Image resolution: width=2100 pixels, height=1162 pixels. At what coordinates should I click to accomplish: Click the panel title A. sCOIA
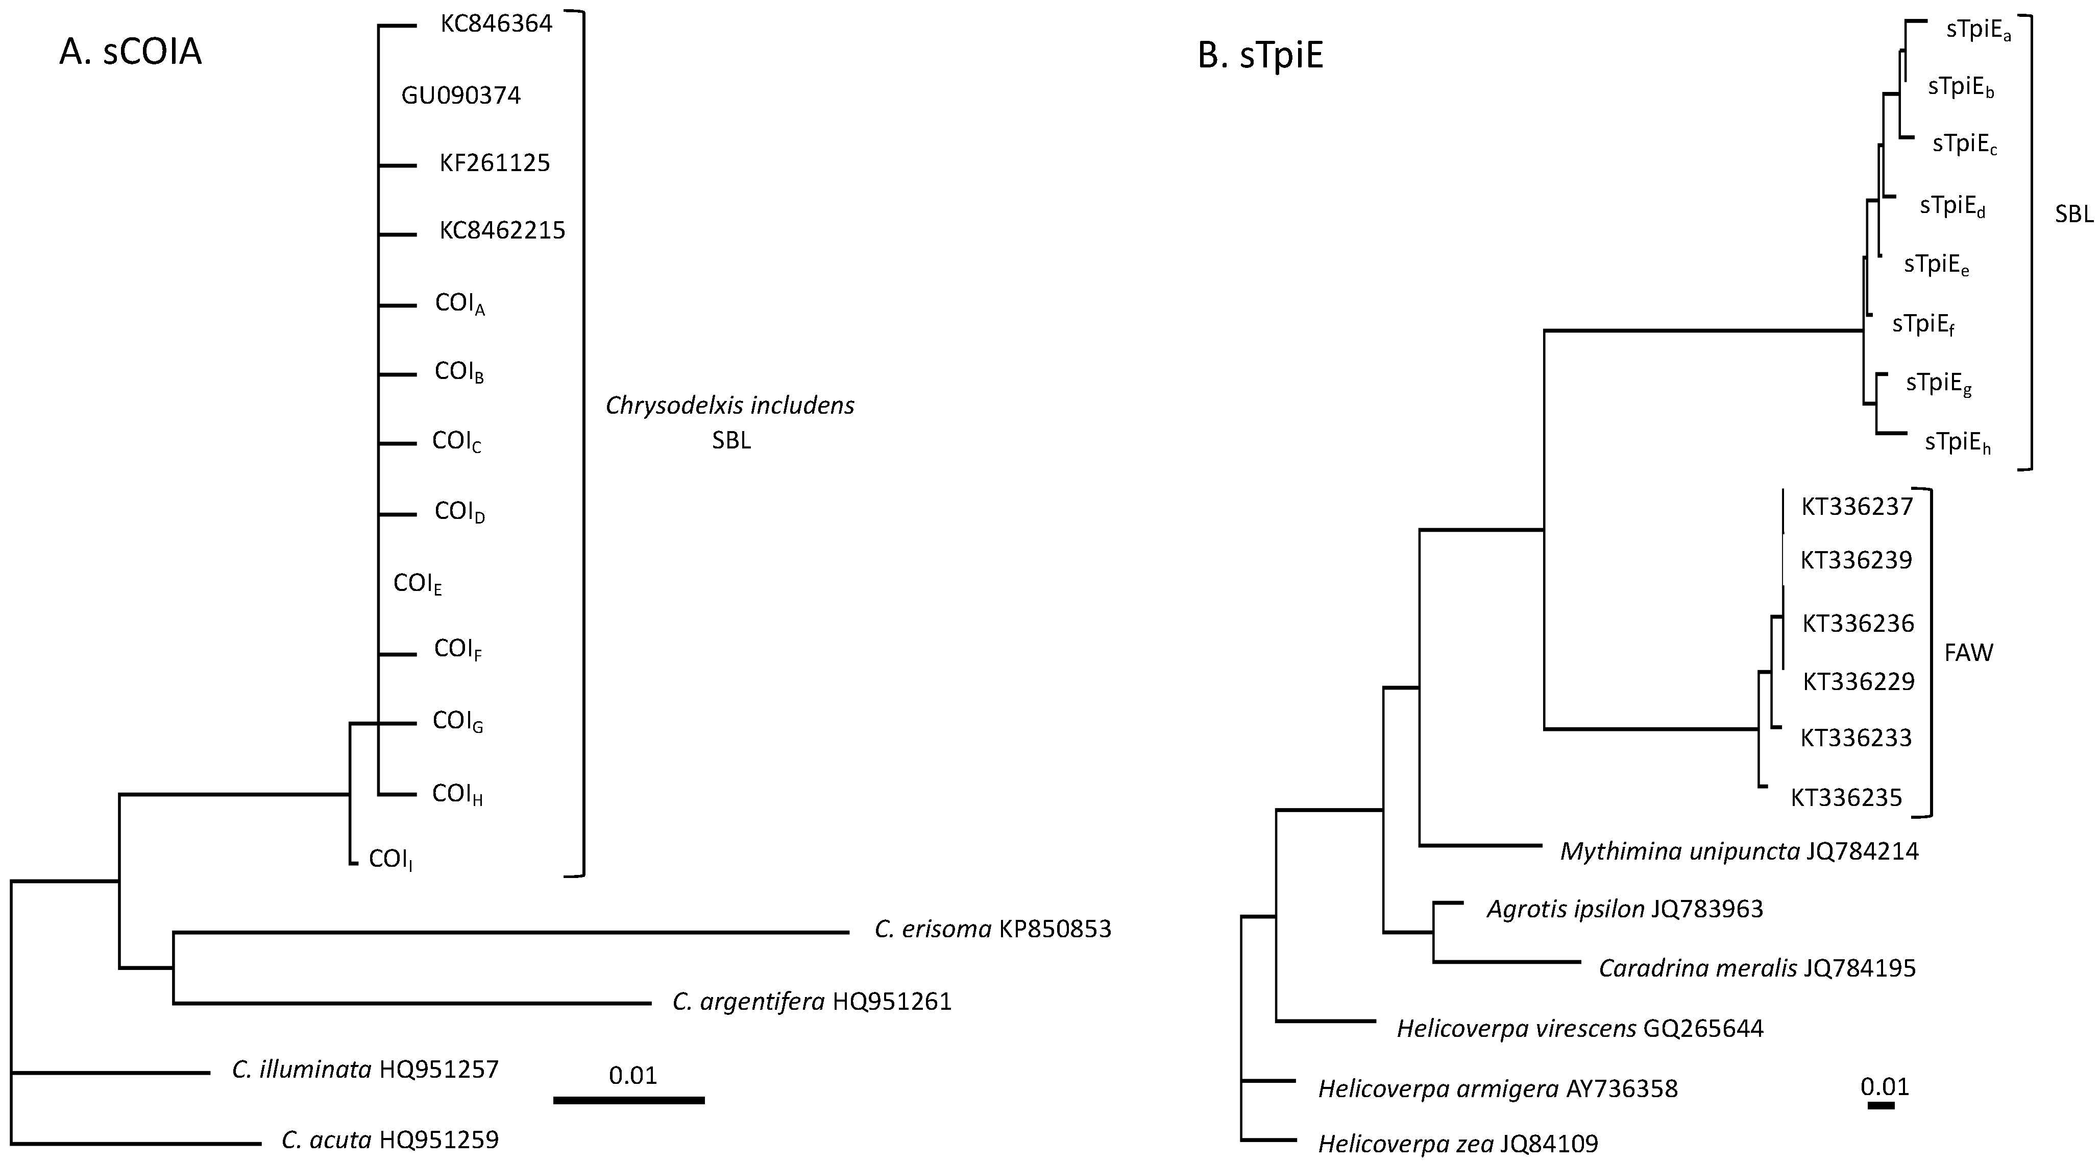[x=131, y=52]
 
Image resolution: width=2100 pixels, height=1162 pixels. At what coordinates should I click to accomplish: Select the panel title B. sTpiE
[x=1260, y=56]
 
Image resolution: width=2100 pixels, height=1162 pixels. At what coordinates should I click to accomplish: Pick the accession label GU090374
[x=460, y=96]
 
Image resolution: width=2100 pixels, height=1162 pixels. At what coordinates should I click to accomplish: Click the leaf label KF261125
[x=495, y=163]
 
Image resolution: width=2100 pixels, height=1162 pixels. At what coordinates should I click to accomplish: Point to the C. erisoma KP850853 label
[x=992, y=929]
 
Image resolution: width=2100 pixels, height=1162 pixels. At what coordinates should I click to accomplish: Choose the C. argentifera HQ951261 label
[x=812, y=1001]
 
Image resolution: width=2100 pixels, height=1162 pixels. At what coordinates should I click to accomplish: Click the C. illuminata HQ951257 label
[x=364, y=1069]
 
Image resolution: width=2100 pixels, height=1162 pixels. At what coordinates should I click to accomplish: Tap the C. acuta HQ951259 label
[x=389, y=1139]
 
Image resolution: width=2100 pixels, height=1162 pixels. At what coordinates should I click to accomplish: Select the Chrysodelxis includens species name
[x=729, y=405]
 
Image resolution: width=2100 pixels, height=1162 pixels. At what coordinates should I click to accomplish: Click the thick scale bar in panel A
[x=628, y=1100]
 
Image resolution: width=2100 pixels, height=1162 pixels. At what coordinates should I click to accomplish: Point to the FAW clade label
[x=1968, y=652]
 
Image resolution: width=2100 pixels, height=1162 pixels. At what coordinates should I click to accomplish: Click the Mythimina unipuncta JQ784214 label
[x=1739, y=851]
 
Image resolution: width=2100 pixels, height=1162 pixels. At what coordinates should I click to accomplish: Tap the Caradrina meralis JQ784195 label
[x=1757, y=968]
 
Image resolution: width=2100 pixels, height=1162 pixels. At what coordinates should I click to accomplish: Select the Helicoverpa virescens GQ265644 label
[x=1580, y=1028]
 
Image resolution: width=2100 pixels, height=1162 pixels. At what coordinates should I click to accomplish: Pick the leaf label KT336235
[x=1846, y=797]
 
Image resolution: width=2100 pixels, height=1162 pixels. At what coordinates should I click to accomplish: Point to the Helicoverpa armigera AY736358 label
[x=1498, y=1088]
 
